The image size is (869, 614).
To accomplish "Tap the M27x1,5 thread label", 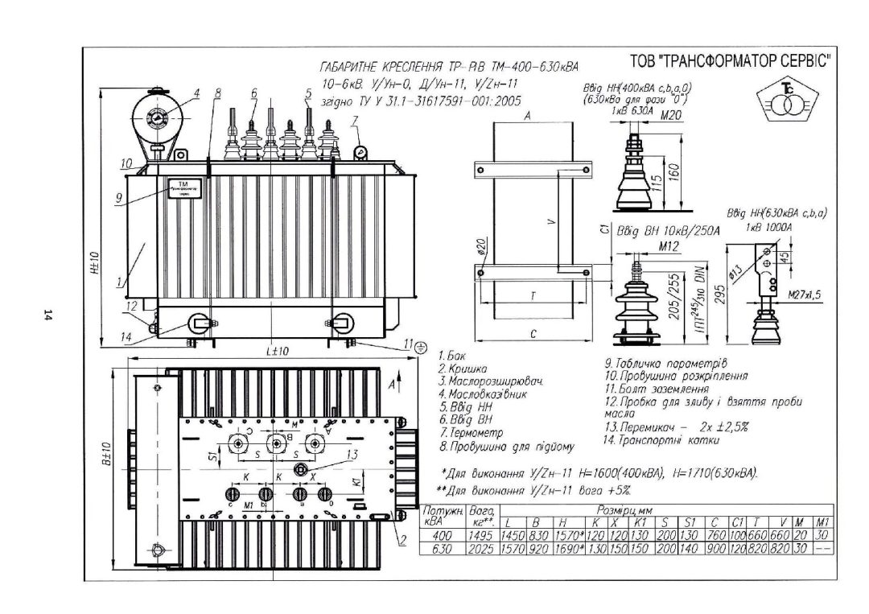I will tap(805, 295).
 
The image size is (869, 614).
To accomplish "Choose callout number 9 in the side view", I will tap(118, 196).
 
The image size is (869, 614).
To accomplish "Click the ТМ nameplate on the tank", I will tap(184, 187).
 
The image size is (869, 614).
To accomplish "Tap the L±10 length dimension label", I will tap(278, 352).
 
